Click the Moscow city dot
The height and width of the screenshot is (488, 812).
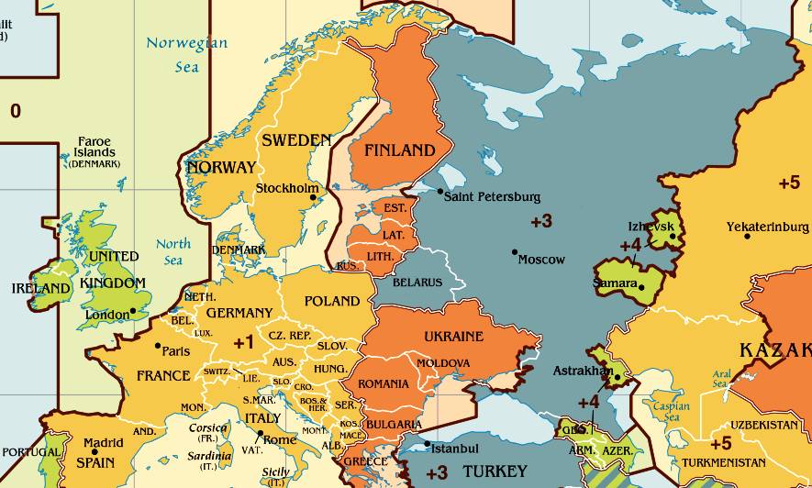pos(515,252)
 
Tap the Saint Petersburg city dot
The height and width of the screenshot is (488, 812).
pos(440,191)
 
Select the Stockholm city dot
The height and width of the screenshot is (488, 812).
pos(313,196)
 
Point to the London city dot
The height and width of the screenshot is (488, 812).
pos(134,310)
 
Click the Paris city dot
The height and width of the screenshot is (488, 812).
pos(159,346)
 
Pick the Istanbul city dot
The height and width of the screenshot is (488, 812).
pos(428,444)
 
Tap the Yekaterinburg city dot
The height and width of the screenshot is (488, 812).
pos(748,237)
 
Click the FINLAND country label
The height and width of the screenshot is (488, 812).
pos(399,150)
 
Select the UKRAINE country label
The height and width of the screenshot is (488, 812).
pos(453,337)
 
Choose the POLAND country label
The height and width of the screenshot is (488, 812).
pos(332,301)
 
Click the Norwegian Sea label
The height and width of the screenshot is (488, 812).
pos(186,54)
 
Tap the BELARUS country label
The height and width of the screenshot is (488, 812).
pos(417,283)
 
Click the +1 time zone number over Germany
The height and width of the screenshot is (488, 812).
pos(243,342)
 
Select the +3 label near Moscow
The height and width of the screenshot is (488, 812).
pos(541,221)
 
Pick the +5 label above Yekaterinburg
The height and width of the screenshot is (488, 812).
pos(789,183)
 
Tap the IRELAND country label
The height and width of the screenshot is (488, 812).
pos(40,288)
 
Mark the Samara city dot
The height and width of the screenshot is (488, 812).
pos(642,287)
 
